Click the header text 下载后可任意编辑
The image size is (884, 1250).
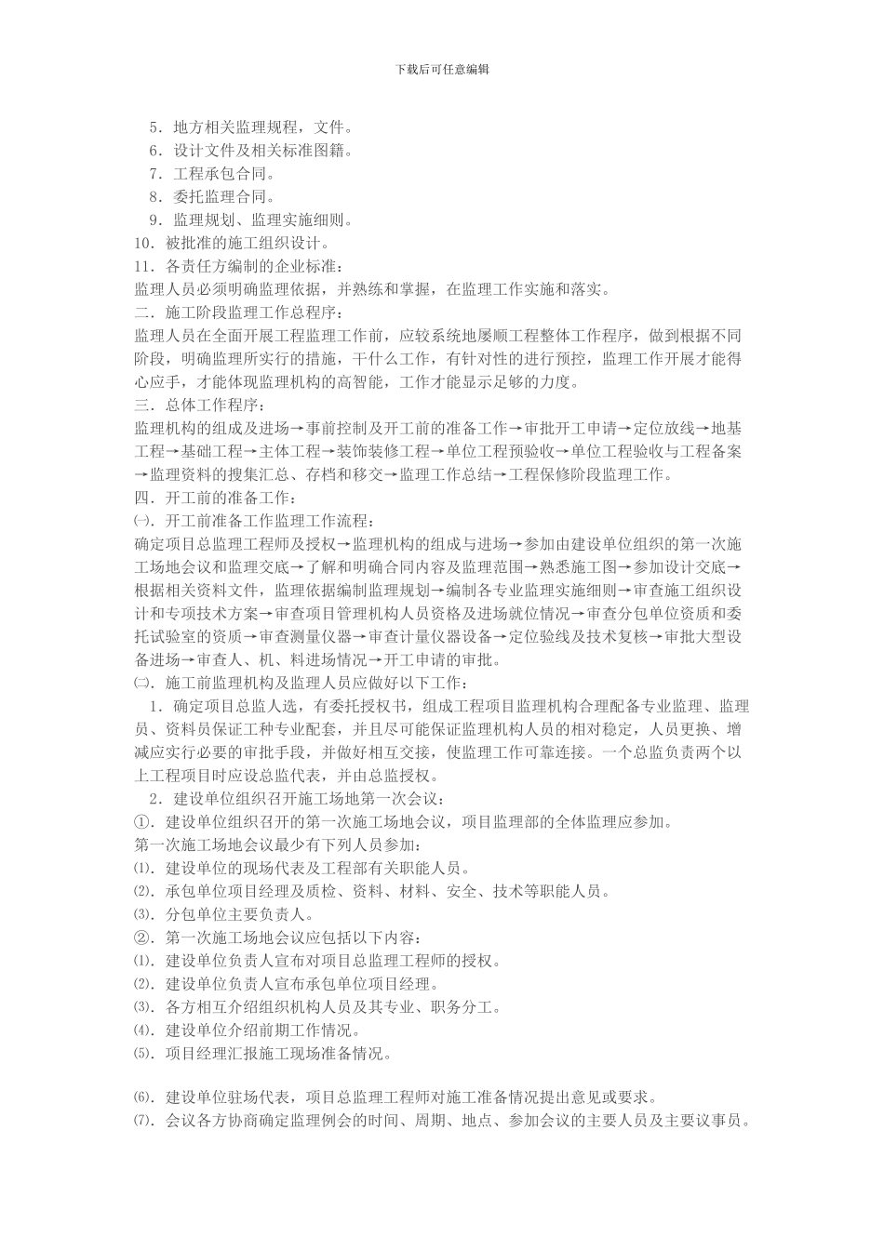pyautogui.click(x=442, y=69)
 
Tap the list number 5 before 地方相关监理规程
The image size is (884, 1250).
pyautogui.click(x=154, y=126)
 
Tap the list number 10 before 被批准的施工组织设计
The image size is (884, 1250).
pyautogui.click(x=143, y=243)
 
